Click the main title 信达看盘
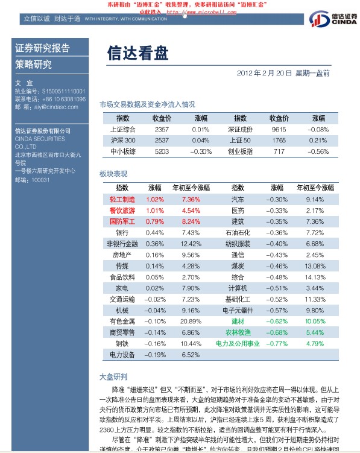138,54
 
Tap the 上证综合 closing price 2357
162,129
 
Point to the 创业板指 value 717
279,151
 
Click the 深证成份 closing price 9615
279,129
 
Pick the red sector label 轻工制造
122,199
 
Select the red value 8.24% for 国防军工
191,221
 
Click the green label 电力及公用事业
238,343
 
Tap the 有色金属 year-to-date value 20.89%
191,321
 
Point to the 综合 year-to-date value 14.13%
315,277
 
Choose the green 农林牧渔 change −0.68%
277,332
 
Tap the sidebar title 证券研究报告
42,48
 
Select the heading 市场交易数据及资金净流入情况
147,104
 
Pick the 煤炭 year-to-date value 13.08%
315,266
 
